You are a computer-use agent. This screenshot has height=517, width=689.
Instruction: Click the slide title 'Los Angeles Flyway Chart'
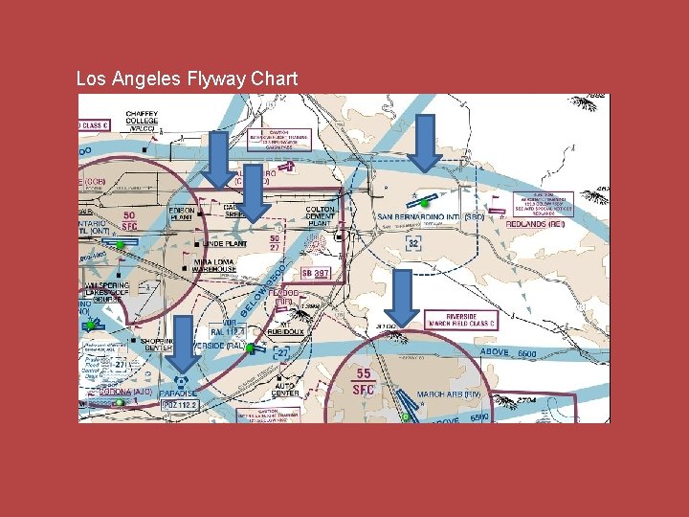(187, 79)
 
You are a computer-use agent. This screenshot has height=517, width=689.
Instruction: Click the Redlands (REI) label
(535, 223)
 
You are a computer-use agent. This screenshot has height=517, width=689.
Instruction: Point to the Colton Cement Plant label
(320, 216)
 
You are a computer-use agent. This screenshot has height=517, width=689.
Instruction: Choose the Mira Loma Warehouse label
(214, 265)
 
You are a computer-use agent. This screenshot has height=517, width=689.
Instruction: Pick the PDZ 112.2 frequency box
(179, 405)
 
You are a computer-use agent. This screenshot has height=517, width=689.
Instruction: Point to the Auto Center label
(286, 389)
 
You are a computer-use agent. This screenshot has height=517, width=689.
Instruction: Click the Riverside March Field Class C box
(475, 320)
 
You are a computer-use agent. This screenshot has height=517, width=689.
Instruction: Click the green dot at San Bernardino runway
(424, 203)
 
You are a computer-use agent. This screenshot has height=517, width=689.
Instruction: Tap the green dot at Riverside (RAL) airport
(249, 349)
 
